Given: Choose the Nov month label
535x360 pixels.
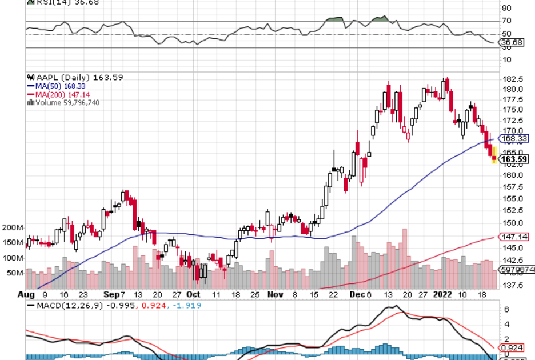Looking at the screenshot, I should tap(276, 294).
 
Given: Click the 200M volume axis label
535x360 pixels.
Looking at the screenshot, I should tap(13, 227).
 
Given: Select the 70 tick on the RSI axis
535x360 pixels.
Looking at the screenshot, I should tap(506, 21).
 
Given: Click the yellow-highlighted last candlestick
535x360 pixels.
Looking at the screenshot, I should tap(494, 155).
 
